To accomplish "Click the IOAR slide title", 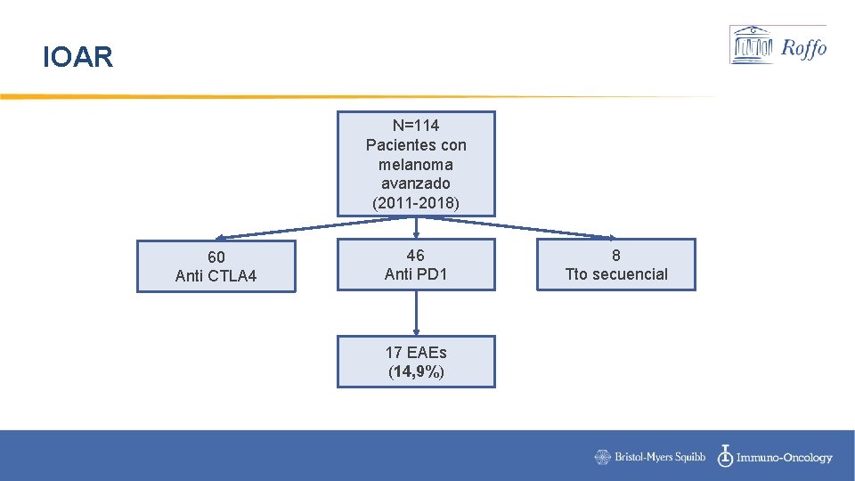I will pos(78,59).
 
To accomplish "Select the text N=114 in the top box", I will pos(416,126).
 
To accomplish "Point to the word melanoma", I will pos(416,165).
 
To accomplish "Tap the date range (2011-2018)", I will pos(416,203).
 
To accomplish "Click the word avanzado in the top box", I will pos(416,183).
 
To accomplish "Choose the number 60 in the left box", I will pos(216,257).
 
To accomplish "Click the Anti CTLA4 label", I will pos(216,276).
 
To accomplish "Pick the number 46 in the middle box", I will pos(416,256).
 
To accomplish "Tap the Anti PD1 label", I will pos(416,274).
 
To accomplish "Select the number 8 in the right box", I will pos(616,256).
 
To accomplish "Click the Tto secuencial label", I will pos(616,274).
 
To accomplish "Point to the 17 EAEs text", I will pos(416,353).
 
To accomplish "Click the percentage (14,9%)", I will pos(416,372).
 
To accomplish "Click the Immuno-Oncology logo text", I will pos(775,457).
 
